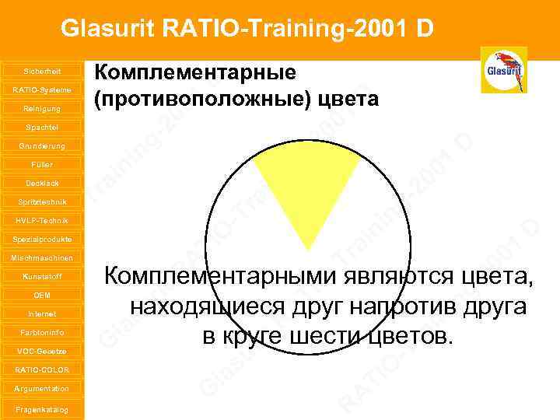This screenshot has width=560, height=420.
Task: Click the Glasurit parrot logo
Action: tap(504, 70)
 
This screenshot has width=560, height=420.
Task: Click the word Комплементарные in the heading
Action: tap(194, 73)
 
